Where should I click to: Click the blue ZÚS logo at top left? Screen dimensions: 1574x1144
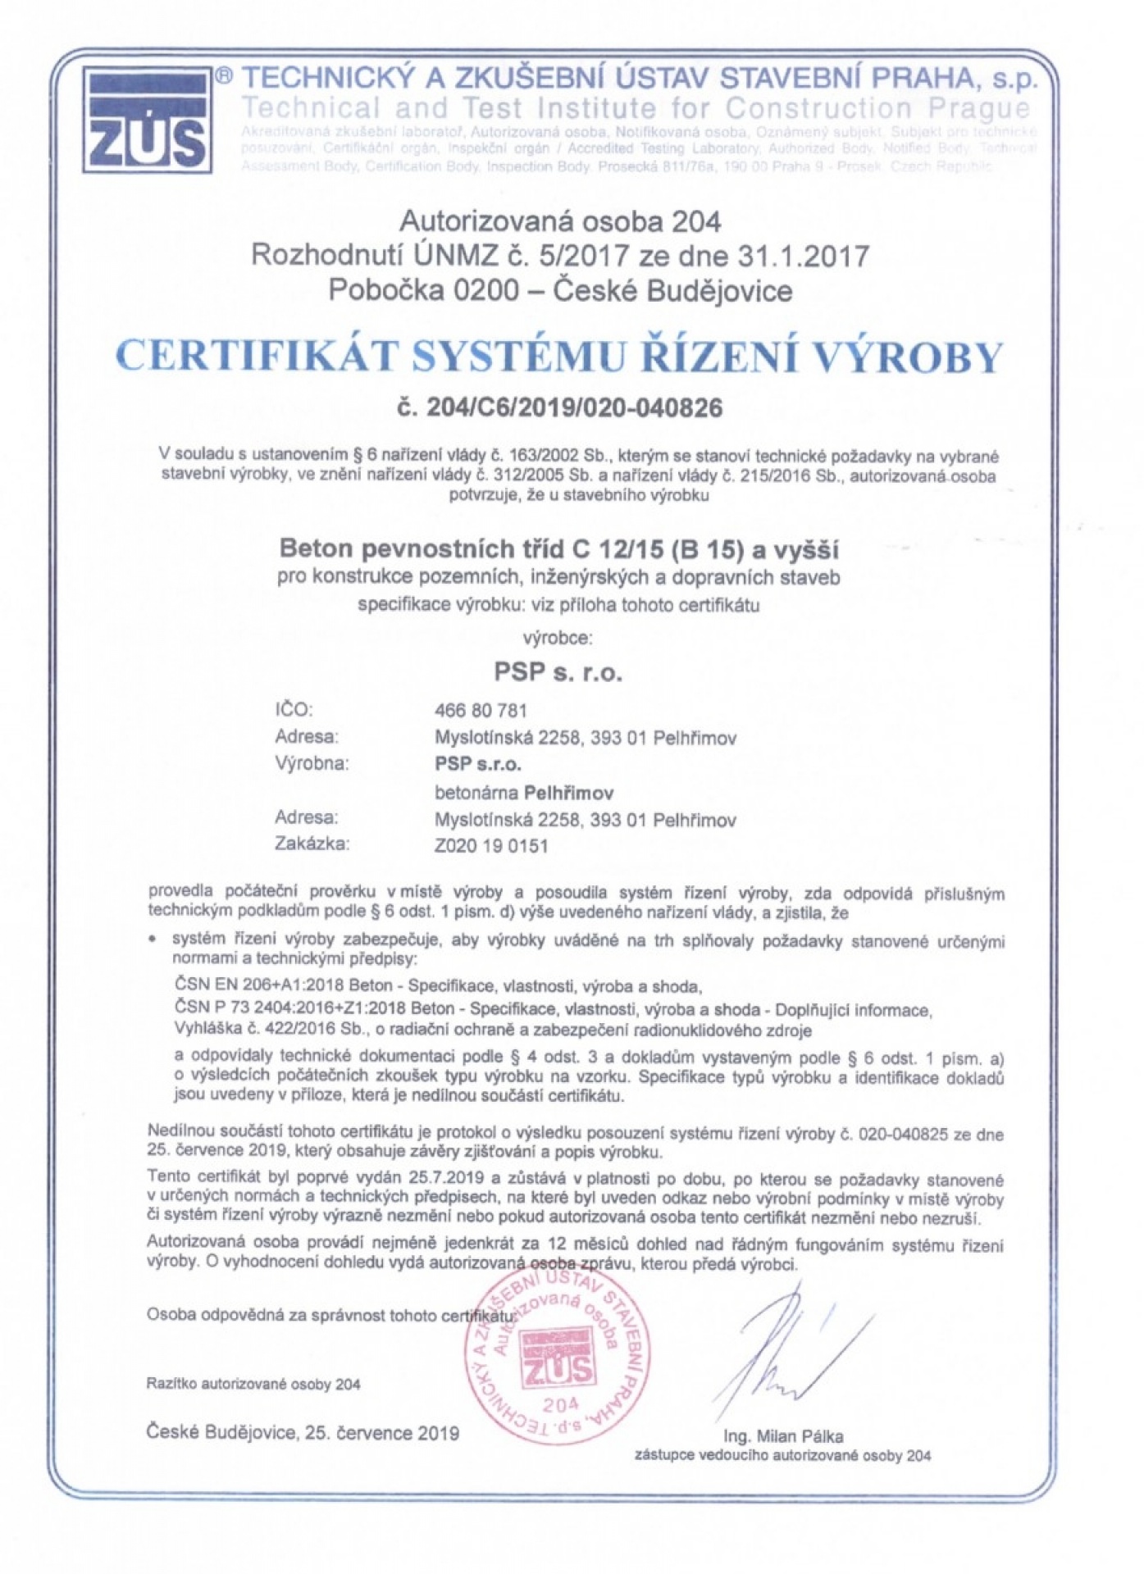145,120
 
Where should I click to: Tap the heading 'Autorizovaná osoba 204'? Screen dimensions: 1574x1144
560,221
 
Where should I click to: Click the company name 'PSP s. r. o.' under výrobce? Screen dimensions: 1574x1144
558,672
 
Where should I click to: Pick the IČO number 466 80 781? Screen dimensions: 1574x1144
480,710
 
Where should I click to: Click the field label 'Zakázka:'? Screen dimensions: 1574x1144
312,844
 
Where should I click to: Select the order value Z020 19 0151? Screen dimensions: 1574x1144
490,845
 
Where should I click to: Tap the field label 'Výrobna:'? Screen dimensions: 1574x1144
312,764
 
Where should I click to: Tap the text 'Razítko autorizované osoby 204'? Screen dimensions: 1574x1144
253,1385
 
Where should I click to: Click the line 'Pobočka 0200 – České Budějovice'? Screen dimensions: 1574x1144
560,290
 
